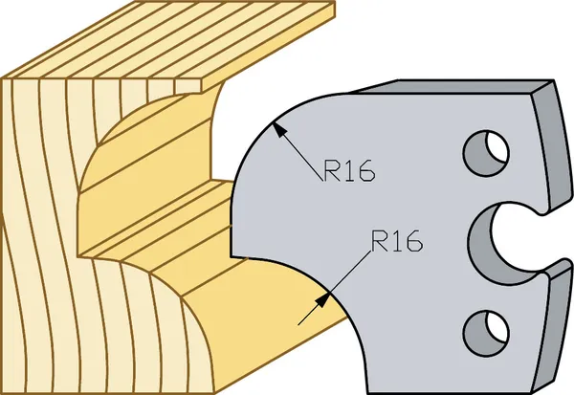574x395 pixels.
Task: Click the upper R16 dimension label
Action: pyautogui.click(x=349, y=170)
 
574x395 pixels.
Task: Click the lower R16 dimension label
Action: pyautogui.click(x=397, y=240)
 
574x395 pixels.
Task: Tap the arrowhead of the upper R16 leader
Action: pyautogui.click(x=279, y=128)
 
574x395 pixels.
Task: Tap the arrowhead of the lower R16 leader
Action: pyautogui.click(x=322, y=300)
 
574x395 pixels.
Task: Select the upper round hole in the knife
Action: pyautogui.click(x=486, y=152)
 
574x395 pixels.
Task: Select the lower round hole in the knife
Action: pyautogui.click(x=486, y=333)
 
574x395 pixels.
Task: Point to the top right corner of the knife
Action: pyautogui.click(x=554, y=80)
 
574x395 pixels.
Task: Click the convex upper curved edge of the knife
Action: pyautogui.click(x=264, y=133)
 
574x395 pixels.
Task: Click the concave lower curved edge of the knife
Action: pyautogui.click(x=329, y=293)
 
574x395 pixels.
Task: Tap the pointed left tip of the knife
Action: pyautogui.click(x=232, y=256)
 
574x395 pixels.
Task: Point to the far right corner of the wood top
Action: pyautogui.click(x=335, y=2)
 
